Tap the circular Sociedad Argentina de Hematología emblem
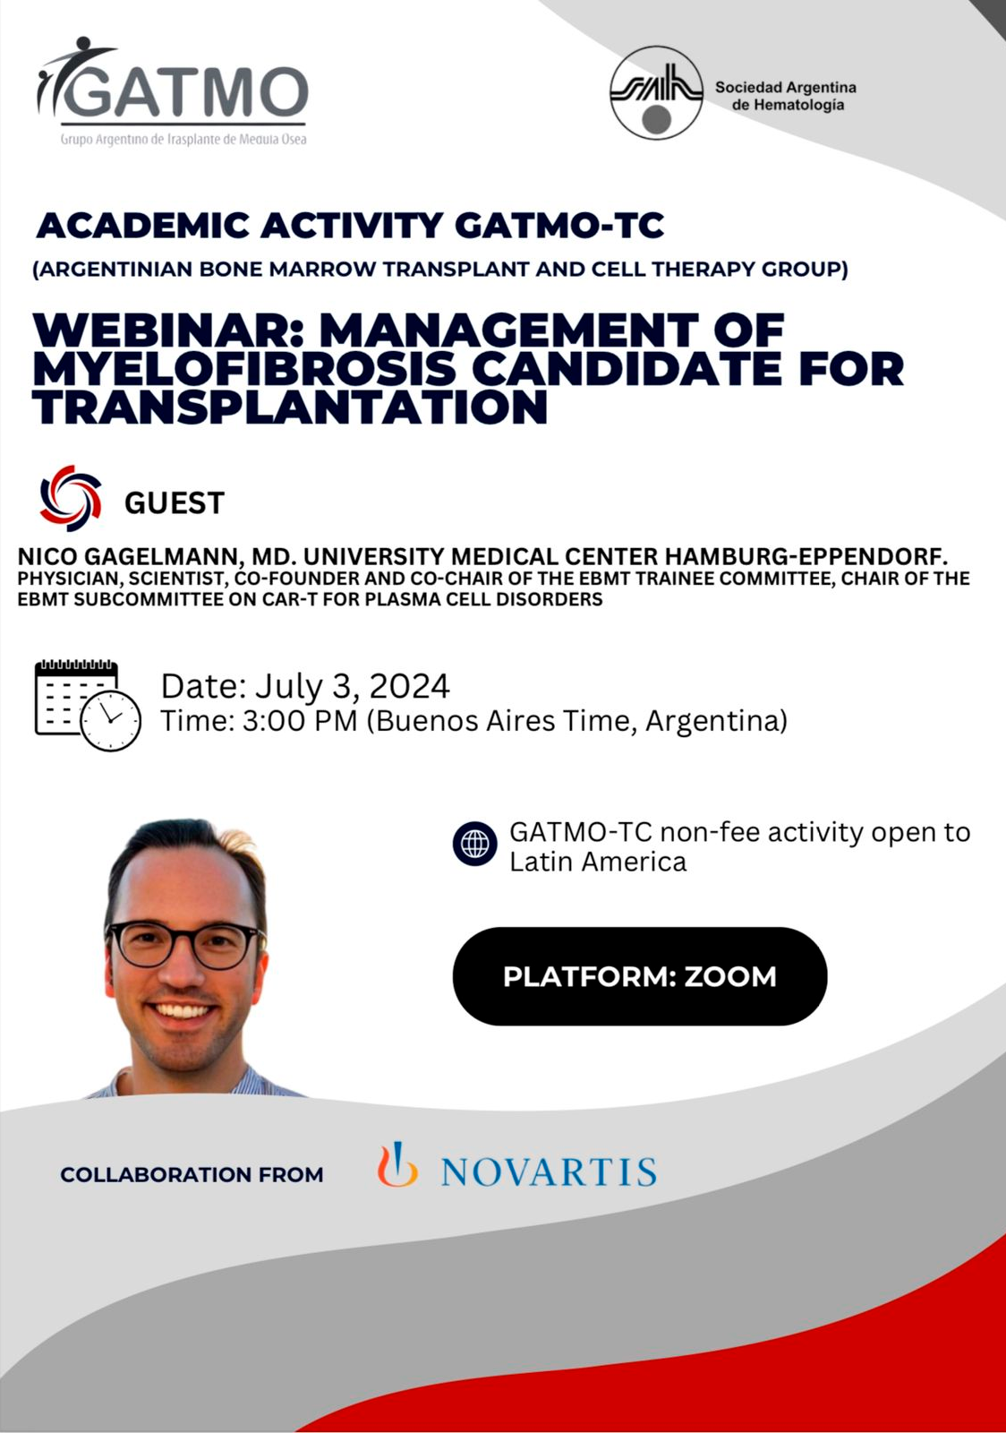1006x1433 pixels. (656, 93)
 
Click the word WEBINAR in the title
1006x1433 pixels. (166, 330)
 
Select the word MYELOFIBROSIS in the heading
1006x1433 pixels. (245, 368)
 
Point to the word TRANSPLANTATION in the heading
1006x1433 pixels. (291, 407)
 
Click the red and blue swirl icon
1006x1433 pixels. (71, 498)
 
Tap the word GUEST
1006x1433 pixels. (174, 502)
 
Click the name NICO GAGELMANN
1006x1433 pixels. (129, 556)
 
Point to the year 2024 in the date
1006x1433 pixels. (410, 686)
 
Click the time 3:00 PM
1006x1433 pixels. (300, 721)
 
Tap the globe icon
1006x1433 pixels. (475, 843)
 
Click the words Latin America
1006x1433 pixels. (598, 862)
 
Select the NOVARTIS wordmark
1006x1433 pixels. (549, 1171)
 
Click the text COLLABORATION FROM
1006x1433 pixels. (192, 1174)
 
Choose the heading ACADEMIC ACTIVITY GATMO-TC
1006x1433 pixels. (350, 225)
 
